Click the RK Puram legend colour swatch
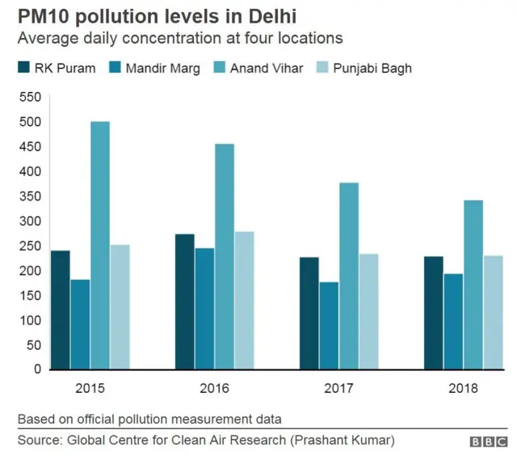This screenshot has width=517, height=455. (x=23, y=68)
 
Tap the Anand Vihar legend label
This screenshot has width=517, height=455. (x=266, y=68)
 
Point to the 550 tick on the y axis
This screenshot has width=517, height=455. (x=30, y=97)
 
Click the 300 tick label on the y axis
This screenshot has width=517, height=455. (x=30, y=221)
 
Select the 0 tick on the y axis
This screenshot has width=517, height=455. (x=36, y=369)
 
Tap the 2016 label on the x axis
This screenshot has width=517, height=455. (x=213, y=388)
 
